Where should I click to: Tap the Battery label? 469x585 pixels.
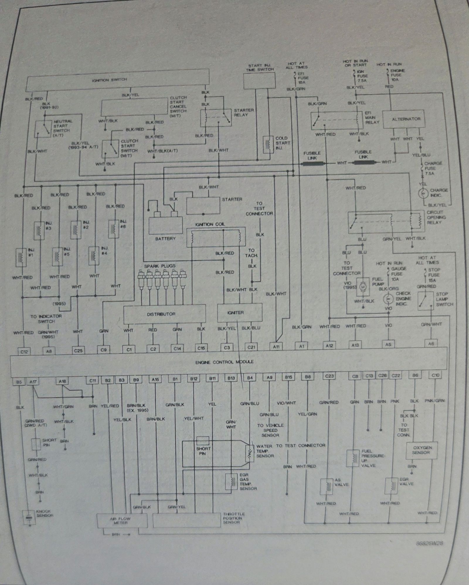(x=165, y=239)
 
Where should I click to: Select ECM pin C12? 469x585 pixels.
(x=24, y=351)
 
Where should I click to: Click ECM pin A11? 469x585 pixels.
(x=276, y=346)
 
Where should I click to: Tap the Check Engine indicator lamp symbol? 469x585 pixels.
(x=388, y=299)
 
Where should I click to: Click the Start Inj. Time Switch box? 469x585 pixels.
(x=259, y=81)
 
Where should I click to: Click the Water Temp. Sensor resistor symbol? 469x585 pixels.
(x=250, y=454)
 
